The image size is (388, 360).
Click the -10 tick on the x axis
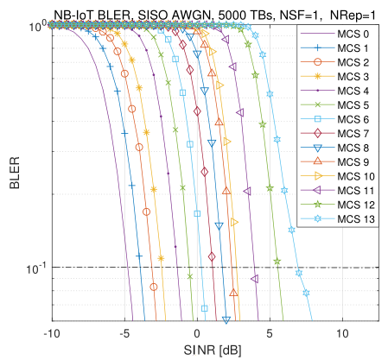pyautogui.click(x=52, y=332)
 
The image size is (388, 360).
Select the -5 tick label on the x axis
pyautogui.click(x=124, y=332)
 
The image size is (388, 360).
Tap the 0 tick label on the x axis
pyautogui.click(x=197, y=332)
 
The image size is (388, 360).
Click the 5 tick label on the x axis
pyautogui.click(x=270, y=332)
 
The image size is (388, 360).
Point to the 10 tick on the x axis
pyautogui.click(x=342, y=332)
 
